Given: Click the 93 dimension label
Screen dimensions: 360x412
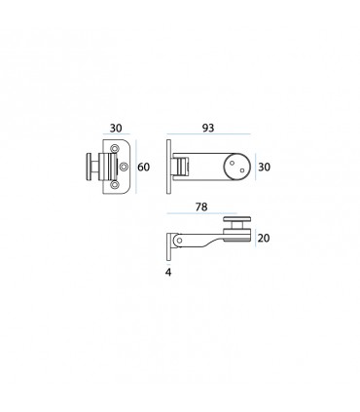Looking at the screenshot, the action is click(208, 128).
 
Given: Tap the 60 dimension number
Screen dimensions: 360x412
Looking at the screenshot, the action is click(144, 168).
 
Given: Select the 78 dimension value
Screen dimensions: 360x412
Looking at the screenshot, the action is click(201, 206).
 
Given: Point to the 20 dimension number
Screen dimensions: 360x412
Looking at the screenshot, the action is click(264, 239).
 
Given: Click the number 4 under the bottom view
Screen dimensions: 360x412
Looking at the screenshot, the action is click(168, 273).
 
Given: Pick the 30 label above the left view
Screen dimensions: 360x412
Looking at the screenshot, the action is click(116, 129).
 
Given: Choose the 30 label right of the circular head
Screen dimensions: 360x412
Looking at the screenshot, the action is click(264, 168).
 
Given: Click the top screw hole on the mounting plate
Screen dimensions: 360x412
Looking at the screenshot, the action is click(114, 148).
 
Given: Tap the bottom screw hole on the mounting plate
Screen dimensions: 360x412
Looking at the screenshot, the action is click(114, 185).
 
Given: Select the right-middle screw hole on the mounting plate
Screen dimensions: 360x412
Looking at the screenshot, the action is click(124, 167).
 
